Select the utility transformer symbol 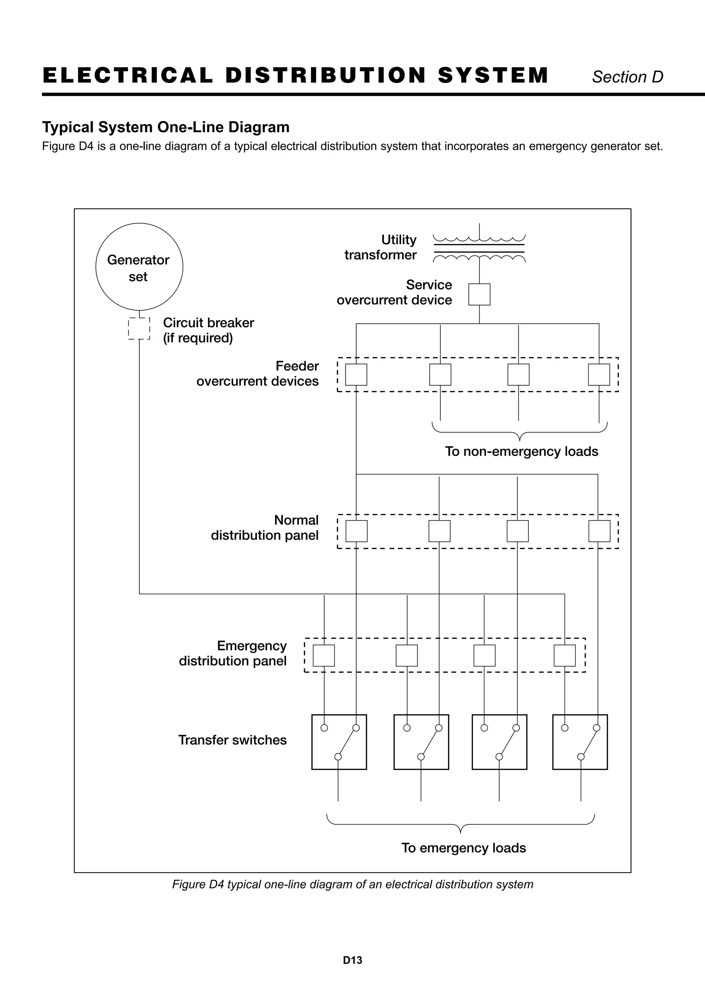pyautogui.click(x=479, y=248)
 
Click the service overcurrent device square pyautogui.click(x=479, y=284)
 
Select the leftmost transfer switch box pyautogui.click(x=312, y=742)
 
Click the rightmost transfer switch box pyautogui.click(x=553, y=742)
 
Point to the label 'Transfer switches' pyautogui.click(x=232, y=740)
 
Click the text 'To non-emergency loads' pyautogui.click(x=522, y=451)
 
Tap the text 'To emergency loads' pyautogui.click(x=464, y=848)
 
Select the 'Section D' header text pyautogui.click(x=628, y=77)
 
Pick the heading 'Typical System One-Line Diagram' pyautogui.click(x=166, y=127)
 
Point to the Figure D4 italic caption pyautogui.click(x=352, y=884)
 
